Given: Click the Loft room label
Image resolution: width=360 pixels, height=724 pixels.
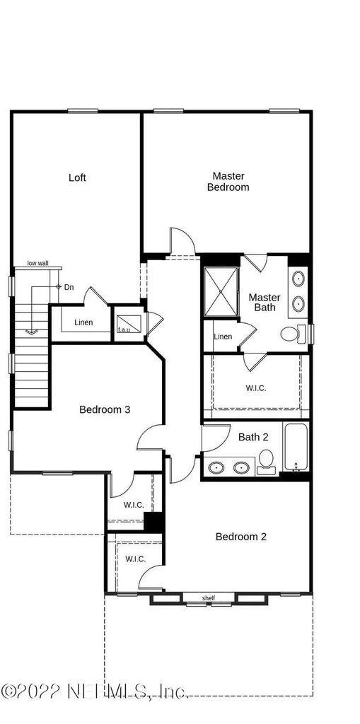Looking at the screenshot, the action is tap(77, 177).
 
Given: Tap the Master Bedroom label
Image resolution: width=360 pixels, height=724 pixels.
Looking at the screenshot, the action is tap(228, 182).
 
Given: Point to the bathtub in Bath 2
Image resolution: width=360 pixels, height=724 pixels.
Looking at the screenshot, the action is tap(296, 448).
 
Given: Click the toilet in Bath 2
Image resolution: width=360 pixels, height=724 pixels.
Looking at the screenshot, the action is tap(266, 462).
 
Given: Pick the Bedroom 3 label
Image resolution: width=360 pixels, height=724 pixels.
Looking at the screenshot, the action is tap(105, 409).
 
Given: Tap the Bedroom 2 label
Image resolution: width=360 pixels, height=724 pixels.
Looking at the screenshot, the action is tap(241, 537).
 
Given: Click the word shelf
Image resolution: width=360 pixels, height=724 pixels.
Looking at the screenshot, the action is tap(209, 598).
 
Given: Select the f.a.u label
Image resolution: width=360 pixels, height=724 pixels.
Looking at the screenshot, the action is tap(123, 329).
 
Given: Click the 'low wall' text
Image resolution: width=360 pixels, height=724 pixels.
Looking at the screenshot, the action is tap(38, 263).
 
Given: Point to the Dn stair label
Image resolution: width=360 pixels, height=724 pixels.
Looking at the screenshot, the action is tap(69, 287).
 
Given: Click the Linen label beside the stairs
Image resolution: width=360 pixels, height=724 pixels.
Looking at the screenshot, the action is tap(83, 322).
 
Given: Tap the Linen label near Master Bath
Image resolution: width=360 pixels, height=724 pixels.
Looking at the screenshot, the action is tap(223, 337).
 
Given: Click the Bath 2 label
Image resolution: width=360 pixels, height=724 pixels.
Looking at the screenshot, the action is tap(253, 437).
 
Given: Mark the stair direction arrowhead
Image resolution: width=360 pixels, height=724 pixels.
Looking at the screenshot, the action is tap(31, 331).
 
